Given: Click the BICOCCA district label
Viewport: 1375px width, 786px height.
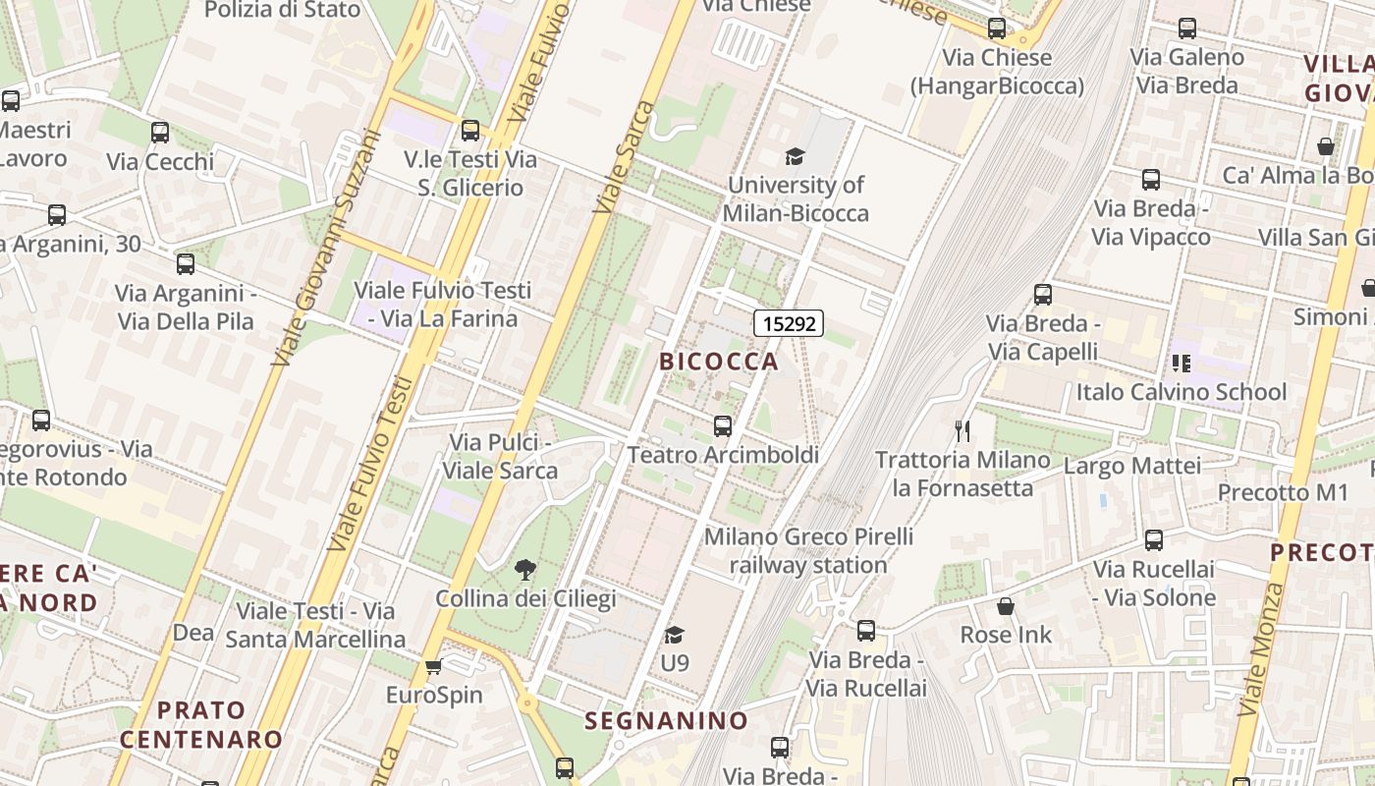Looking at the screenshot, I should click(x=719, y=362).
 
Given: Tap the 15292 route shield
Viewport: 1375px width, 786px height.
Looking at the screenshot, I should click(x=789, y=322).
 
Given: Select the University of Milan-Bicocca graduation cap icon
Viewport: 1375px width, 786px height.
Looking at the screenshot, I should click(x=795, y=156).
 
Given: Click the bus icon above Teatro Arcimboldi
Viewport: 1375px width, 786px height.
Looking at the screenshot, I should click(x=723, y=425).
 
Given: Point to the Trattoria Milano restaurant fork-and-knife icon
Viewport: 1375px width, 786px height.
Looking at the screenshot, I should click(x=962, y=430).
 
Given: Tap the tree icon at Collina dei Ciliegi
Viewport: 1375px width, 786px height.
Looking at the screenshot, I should click(x=525, y=569).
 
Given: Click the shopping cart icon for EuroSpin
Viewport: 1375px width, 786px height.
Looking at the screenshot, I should click(x=433, y=667).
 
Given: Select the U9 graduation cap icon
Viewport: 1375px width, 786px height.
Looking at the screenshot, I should click(x=674, y=635).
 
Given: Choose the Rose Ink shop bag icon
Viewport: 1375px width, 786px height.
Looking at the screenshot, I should click(x=1005, y=606).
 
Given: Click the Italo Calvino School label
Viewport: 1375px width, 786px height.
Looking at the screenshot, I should click(x=1181, y=392).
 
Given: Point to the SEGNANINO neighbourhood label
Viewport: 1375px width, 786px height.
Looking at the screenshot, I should click(x=667, y=721).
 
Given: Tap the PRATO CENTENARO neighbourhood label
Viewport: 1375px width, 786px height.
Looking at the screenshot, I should click(x=201, y=724).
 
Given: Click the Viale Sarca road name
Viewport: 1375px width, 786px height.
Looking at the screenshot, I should click(x=625, y=157).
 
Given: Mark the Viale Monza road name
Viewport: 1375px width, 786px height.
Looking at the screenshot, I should click(x=1262, y=648).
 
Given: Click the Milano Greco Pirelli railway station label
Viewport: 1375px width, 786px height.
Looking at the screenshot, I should click(x=808, y=551).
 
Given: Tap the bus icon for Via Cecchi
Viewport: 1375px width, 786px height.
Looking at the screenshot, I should click(x=160, y=132).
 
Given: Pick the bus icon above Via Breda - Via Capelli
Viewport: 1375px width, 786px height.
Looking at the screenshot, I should click(x=1043, y=294).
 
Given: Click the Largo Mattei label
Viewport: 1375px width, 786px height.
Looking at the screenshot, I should click(x=1131, y=466).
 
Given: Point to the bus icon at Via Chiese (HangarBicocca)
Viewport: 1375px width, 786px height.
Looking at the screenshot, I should click(x=997, y=28).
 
